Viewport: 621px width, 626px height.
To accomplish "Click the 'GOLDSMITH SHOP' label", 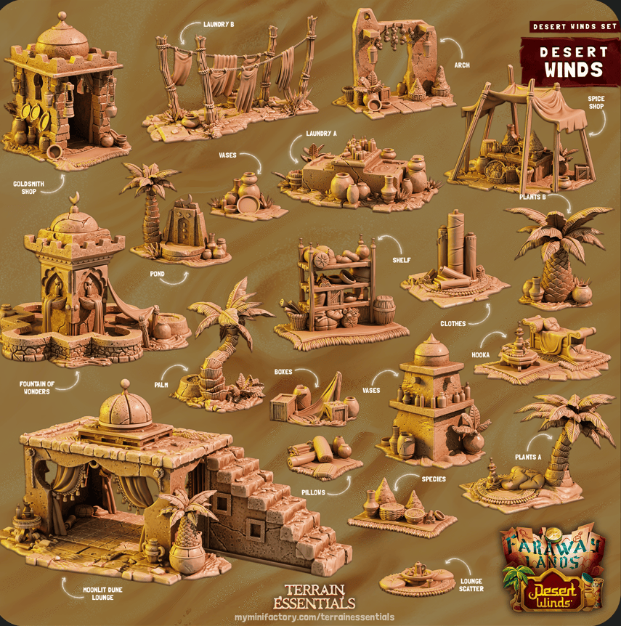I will (x=28, y=188).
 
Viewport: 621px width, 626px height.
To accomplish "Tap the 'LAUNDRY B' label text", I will (x=219, y=25).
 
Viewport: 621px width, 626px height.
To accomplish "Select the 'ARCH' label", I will (x=461, y=65).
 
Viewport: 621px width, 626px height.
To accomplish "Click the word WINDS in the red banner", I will (x=574, y=70).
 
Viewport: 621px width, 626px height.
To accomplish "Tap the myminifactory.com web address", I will (x=314, y=617).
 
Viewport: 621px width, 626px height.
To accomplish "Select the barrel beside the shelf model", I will (x=385, y=310).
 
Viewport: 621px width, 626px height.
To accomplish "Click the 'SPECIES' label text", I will (x=434, y=479).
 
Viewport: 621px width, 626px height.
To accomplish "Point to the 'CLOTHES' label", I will (x=453, y=323).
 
